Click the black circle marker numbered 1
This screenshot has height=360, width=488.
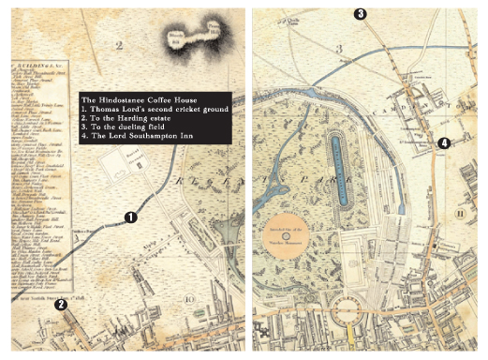click(131, 217)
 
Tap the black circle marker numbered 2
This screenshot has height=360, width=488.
click(61, 304)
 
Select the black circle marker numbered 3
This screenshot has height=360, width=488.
click(360, 13)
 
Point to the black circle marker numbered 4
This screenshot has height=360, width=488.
click(443, 143)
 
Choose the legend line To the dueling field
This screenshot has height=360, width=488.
click(130, 130)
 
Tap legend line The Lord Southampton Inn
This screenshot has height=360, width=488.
click(140, 140)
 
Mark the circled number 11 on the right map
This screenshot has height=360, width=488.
click(460, 214)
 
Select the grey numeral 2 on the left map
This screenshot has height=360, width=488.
click(119, 44)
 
